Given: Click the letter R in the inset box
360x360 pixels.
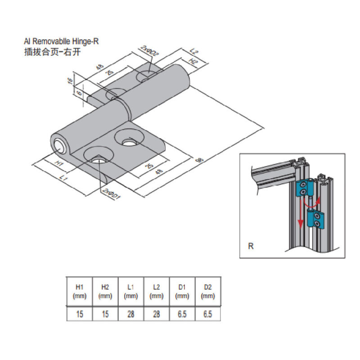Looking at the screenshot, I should click(251, 246).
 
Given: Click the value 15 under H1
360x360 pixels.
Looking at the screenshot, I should click(79, 314).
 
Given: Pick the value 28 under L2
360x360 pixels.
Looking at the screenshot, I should click(156, 314).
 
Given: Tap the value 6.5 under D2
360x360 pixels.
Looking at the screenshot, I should click(207, 314).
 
